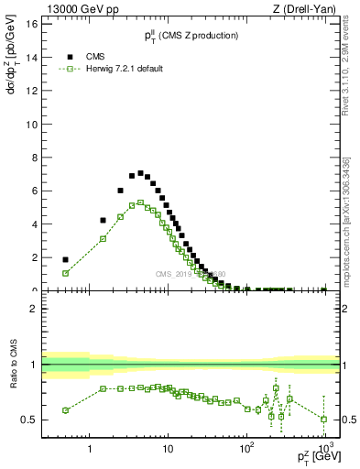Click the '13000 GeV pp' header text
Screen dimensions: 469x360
point(75,8)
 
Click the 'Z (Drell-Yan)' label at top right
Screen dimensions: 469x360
point(307,8)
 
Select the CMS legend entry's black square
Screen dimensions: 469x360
point(66,56)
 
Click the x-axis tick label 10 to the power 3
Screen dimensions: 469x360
point(324,450)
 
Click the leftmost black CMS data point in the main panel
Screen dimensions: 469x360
point(65,259)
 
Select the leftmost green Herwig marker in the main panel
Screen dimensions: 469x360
point(65,273)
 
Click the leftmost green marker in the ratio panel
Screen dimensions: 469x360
point(65,410)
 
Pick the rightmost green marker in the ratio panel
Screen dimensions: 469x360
point(324,419)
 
